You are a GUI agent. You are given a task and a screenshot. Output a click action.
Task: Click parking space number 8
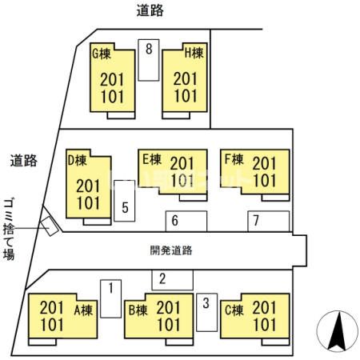tap(149, 60)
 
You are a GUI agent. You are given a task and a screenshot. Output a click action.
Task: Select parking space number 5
tap(125, 201)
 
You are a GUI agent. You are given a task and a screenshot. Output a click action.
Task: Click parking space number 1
tap(111, 298)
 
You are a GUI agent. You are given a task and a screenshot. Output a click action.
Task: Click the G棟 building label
tap(102, 54)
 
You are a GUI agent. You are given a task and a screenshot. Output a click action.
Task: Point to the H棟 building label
tap(194, 54)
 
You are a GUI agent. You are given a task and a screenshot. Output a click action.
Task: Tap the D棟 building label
tap(78, 160)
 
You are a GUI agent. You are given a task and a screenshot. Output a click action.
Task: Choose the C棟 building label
tap(234, 310)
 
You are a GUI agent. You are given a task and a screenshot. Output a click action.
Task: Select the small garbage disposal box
tap(50, 226)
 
